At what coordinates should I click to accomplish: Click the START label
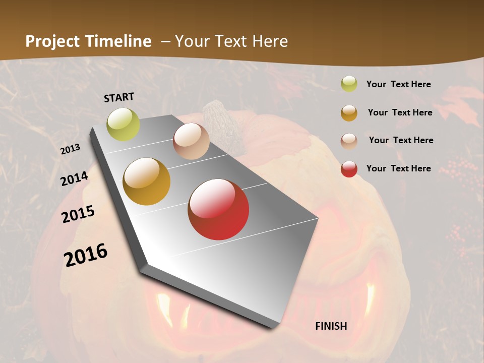click(x=119, y=97)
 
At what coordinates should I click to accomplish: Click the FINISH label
click(x=331, y=326)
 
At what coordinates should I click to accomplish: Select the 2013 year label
click(x=70, y=149)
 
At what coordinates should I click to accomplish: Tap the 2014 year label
click(x=75, y=178)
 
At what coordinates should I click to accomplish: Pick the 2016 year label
click(x=86, y=255)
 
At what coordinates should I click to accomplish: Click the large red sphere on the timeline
click(x=218, y=209)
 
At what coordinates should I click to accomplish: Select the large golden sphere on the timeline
click(x=147, y=181)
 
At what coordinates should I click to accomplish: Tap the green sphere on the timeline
click(x=124, y=125)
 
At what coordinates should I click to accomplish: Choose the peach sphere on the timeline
click(x=191, y=141)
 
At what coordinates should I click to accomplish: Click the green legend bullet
click(x=349, y=84)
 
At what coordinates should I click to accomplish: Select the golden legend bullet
click(x=349, y=112)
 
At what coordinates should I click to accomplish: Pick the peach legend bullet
click(x=349, y=141)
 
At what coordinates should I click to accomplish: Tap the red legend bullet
click(x=349, y=168)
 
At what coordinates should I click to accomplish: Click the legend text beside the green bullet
click(x=398, y=85)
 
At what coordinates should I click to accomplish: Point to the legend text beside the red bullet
click(x=398, y=168)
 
